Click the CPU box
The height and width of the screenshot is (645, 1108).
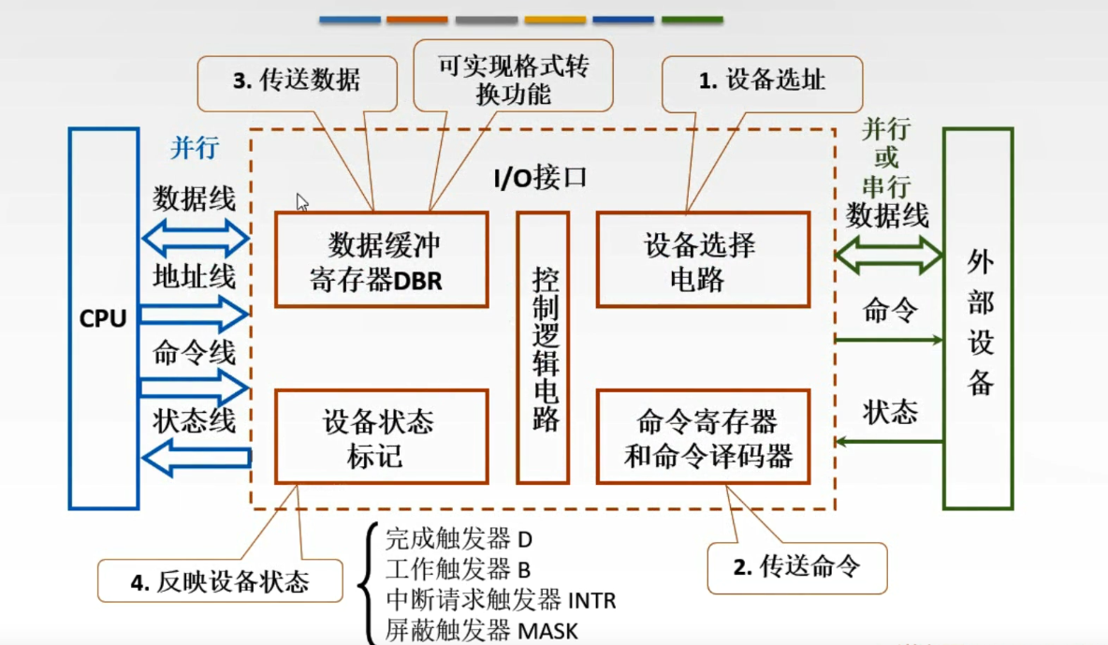click(x=103, y=318)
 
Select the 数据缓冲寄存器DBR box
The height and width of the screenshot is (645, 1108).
click(x=381, y=259)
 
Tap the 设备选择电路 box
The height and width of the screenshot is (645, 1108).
click(x=703, y=259)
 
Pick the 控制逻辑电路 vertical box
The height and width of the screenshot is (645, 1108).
click(x=543, y=347)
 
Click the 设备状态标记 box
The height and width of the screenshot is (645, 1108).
click(x=381, y=436)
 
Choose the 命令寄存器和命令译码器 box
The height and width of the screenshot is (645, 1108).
click(x=703, y=436)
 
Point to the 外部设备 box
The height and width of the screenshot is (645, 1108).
click(x=978, y=318)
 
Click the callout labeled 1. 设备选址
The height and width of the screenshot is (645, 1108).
click(x=762, y=81)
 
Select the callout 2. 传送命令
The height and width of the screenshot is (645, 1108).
click(x=795, y=566)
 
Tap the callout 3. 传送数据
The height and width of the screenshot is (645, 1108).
click(x=296, y=81)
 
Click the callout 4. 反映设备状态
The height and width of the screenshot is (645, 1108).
click(x=219, y=581)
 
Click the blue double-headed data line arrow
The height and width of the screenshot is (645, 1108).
click(x=195, y=240)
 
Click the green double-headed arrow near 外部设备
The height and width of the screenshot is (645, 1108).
click(x=888, y=254)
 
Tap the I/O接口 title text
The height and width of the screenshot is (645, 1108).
click(x=540, y=177)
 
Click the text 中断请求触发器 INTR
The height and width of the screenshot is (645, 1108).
click(x=501, y=598)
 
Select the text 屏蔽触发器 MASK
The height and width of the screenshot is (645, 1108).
click(x=482, y=630)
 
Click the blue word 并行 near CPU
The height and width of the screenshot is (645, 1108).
click(x=194, y=147)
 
